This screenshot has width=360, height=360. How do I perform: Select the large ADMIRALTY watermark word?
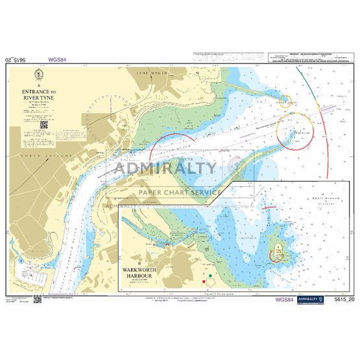tap(165, 169)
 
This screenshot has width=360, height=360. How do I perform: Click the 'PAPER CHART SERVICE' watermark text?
tap(180, 192)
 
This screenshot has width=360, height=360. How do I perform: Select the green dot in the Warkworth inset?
tap(210, 278)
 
